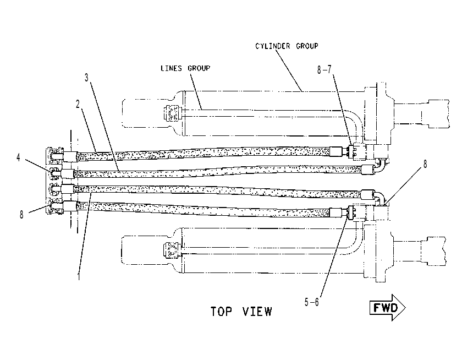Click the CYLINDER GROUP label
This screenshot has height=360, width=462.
click(x=287, y=46)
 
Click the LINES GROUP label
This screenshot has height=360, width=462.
click(x=185, y=68)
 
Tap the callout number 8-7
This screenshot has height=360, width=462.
click(x=324, y=69)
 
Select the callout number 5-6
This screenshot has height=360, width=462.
click(x=312, y=302)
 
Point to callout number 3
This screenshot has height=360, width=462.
click(x=86, y=78)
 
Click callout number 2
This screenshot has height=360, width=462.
click(x=78, y=104)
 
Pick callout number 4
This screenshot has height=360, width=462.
click(x=18, y=157)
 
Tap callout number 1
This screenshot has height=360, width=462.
click(x=79, y=276)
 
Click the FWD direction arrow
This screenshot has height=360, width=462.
click(x=387, y=308)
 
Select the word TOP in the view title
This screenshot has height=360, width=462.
click(x=221, y=312)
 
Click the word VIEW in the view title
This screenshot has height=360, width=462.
click(x=257, y=312)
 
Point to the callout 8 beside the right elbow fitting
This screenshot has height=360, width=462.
click(x=425, y=164)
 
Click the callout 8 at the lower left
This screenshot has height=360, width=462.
click(x=21, y=215)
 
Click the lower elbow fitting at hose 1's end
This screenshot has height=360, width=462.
click(x=380, y=198)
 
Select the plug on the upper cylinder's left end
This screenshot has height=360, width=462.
click(x=172, y=113)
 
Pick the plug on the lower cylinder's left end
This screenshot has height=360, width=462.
click(x=172, y=250)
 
